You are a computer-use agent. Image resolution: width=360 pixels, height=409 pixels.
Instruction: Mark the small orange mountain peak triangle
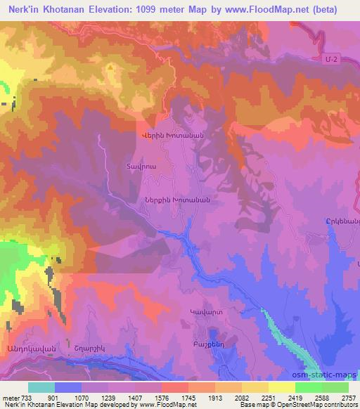click(x=110, y=67)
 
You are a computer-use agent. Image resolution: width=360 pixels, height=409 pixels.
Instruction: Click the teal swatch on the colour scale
click(x=41, y=387)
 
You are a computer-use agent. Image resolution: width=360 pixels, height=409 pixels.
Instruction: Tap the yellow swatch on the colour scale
click(x=282, y=387)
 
